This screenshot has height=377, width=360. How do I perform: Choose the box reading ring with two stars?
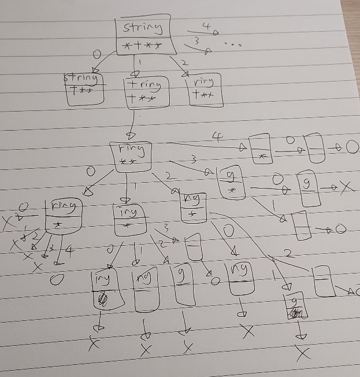[131, 156]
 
